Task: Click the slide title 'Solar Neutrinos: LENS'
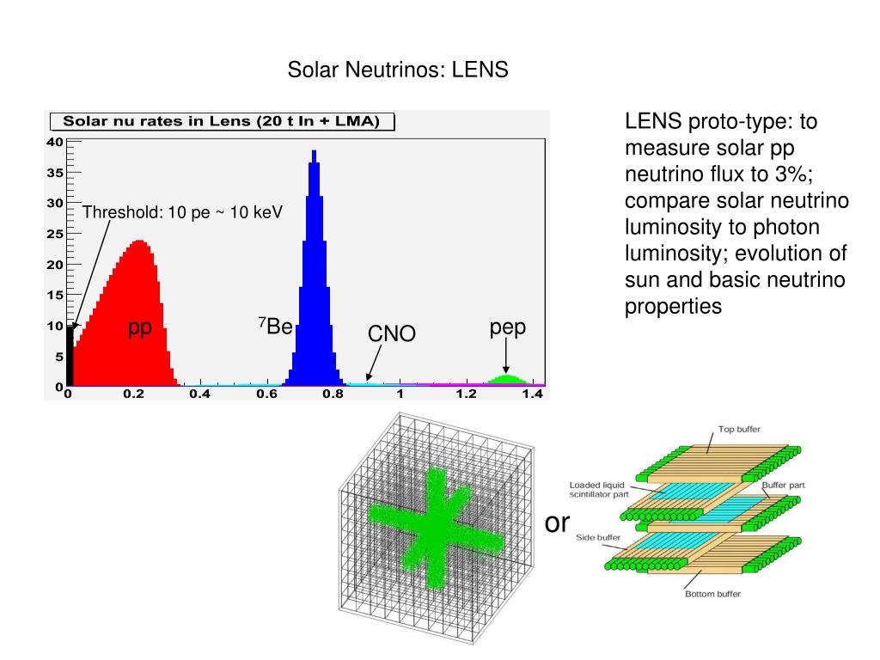tap(398, 70)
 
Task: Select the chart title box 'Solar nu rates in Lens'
tap(222, 121)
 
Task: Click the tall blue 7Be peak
tap(313, 275)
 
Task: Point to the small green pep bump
tap(507, 379)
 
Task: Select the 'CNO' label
tap(392, 334)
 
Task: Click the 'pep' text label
tap(507, 327)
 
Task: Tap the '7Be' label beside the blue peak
tap(276, 327)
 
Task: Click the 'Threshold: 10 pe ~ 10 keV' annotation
tap(182, 212)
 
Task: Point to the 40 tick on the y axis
tap(54, 143)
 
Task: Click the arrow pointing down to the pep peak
tap(507, 356)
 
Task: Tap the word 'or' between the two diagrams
tap(558, 522)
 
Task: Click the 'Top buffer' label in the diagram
tap(739, 429)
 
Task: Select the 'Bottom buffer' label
tap(712, 594)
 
